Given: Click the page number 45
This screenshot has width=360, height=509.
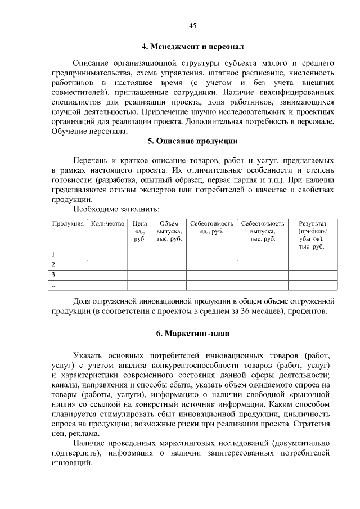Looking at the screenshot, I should pyautogui.click(x=192, y=26).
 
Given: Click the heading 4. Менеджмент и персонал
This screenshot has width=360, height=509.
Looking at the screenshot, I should pyautogui.click(x=192, y=46).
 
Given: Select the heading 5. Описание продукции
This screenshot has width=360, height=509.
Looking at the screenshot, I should pyautogui.click(x=192, y=141).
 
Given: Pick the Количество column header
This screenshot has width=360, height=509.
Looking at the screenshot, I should pyautogui.click(x=107, y=224).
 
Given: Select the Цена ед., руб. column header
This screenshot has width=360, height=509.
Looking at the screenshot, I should pyautogui.click(x=139, y=231).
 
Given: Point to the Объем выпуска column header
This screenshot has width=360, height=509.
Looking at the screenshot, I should pyautogui.click(x=169, y=231).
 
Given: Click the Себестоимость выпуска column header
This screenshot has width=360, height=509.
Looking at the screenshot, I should pyautogui.click(x=262, y=231).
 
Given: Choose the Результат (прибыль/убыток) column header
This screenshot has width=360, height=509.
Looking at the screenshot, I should pyautogui.click(x=312, y=235).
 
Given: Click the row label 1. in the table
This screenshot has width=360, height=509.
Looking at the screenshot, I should pyautogui.click(x=54, y=255).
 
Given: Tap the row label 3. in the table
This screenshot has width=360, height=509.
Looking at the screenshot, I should pyautogui.click(x=54, y=275).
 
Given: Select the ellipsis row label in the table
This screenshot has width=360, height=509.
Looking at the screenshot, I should pyautogui.click(x=55, y=285).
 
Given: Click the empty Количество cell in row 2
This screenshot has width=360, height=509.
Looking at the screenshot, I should pyautogui.click(x=107, y=265).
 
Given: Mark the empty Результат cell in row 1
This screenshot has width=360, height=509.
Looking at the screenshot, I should pyautogui.click(x=312, y=255).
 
